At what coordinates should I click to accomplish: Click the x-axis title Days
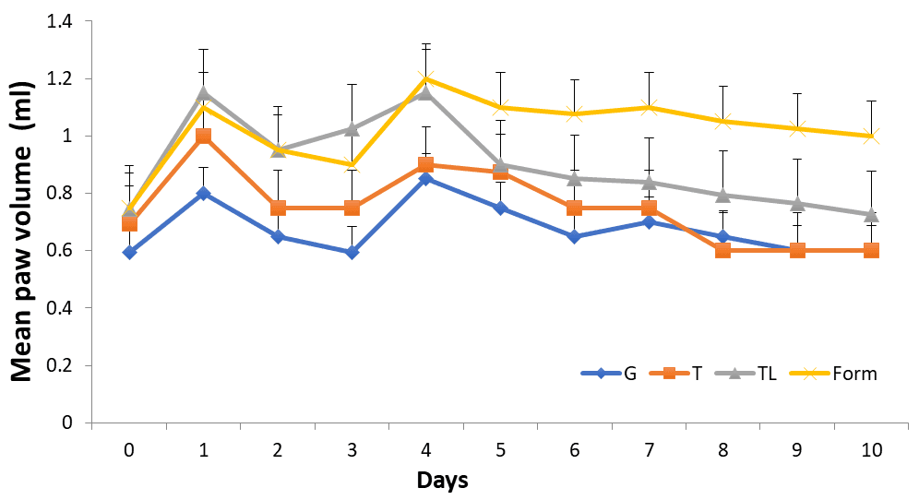442,481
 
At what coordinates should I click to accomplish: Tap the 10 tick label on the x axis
870,450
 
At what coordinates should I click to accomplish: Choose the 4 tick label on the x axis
425,450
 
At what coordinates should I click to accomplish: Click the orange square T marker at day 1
203,137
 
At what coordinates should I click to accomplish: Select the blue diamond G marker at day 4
425,179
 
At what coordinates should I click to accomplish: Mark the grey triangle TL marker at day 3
352,129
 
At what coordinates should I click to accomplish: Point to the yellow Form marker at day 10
870,137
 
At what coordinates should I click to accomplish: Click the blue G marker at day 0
129,252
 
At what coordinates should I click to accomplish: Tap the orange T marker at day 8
722,250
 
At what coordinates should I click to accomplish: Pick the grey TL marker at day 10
870,214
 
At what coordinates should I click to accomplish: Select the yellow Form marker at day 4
425,79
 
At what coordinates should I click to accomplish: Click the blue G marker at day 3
352,252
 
